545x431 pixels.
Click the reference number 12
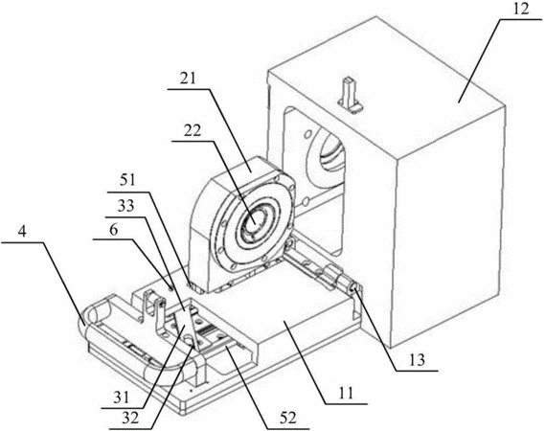tap(521, 9)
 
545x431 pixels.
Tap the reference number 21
tap(188, 79)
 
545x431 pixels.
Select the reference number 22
tap(193, 131)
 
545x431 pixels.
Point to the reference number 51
tap(126, 181)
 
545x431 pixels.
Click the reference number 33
tap(125, 207)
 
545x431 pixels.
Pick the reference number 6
tap(114, 230)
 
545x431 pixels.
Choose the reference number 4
tap(22, 232)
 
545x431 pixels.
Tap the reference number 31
tap(122, 397)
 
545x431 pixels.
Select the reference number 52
tap(287, 418)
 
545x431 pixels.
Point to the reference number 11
tap(346, 393)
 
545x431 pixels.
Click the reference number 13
tap(417, 360)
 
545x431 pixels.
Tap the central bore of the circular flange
tap(255, 221)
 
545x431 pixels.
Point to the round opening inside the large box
tap(329, 149)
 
